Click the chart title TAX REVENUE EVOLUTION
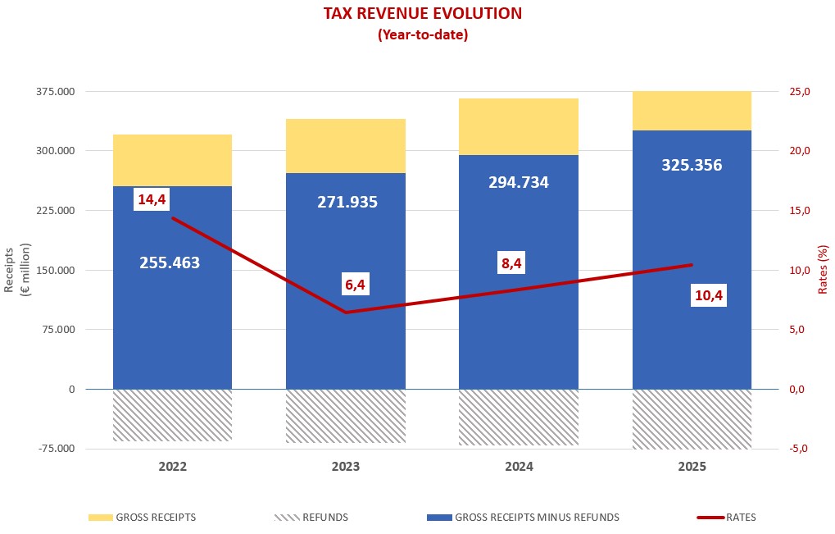coord(422,13)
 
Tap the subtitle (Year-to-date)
coord(422,35)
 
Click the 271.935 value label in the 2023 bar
coord(347,201)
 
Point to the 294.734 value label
coord(518,182)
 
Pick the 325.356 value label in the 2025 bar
coord(692,165)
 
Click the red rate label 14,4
coord(152,199)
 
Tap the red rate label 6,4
coord(355,285)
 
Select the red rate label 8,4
coord(511,263)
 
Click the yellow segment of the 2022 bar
coord(172,160)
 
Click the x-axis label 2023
coord(345,467)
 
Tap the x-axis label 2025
coord(692,467)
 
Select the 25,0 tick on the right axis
coord(797,91)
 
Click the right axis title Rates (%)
coord(823,269)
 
